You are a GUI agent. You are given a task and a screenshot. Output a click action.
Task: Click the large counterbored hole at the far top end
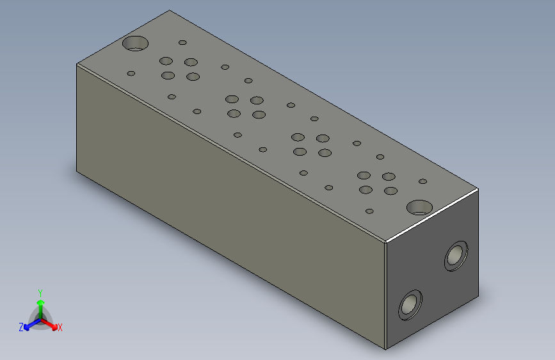(x=135, y=44)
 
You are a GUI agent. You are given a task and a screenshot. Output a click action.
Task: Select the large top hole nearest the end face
(x=420, y=207)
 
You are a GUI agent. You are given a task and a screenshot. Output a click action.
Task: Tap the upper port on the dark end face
(x=456, y=256)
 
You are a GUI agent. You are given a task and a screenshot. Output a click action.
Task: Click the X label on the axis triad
(x=60, y=327)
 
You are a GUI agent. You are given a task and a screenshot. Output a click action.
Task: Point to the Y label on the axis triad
(x=40, y=291)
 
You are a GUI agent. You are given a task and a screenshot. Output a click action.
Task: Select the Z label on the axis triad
(x=21, y=327)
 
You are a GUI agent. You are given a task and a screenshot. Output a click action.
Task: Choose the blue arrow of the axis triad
(x=29, y=325)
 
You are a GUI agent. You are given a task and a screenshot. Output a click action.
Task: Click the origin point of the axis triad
(x=40, y=318)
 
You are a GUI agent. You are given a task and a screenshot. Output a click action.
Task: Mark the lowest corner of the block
(x=386, y=349)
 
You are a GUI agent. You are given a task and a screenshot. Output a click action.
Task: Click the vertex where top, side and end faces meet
(x=386, y=242)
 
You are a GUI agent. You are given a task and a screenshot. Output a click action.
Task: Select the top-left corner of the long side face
(x=77, y=64)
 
